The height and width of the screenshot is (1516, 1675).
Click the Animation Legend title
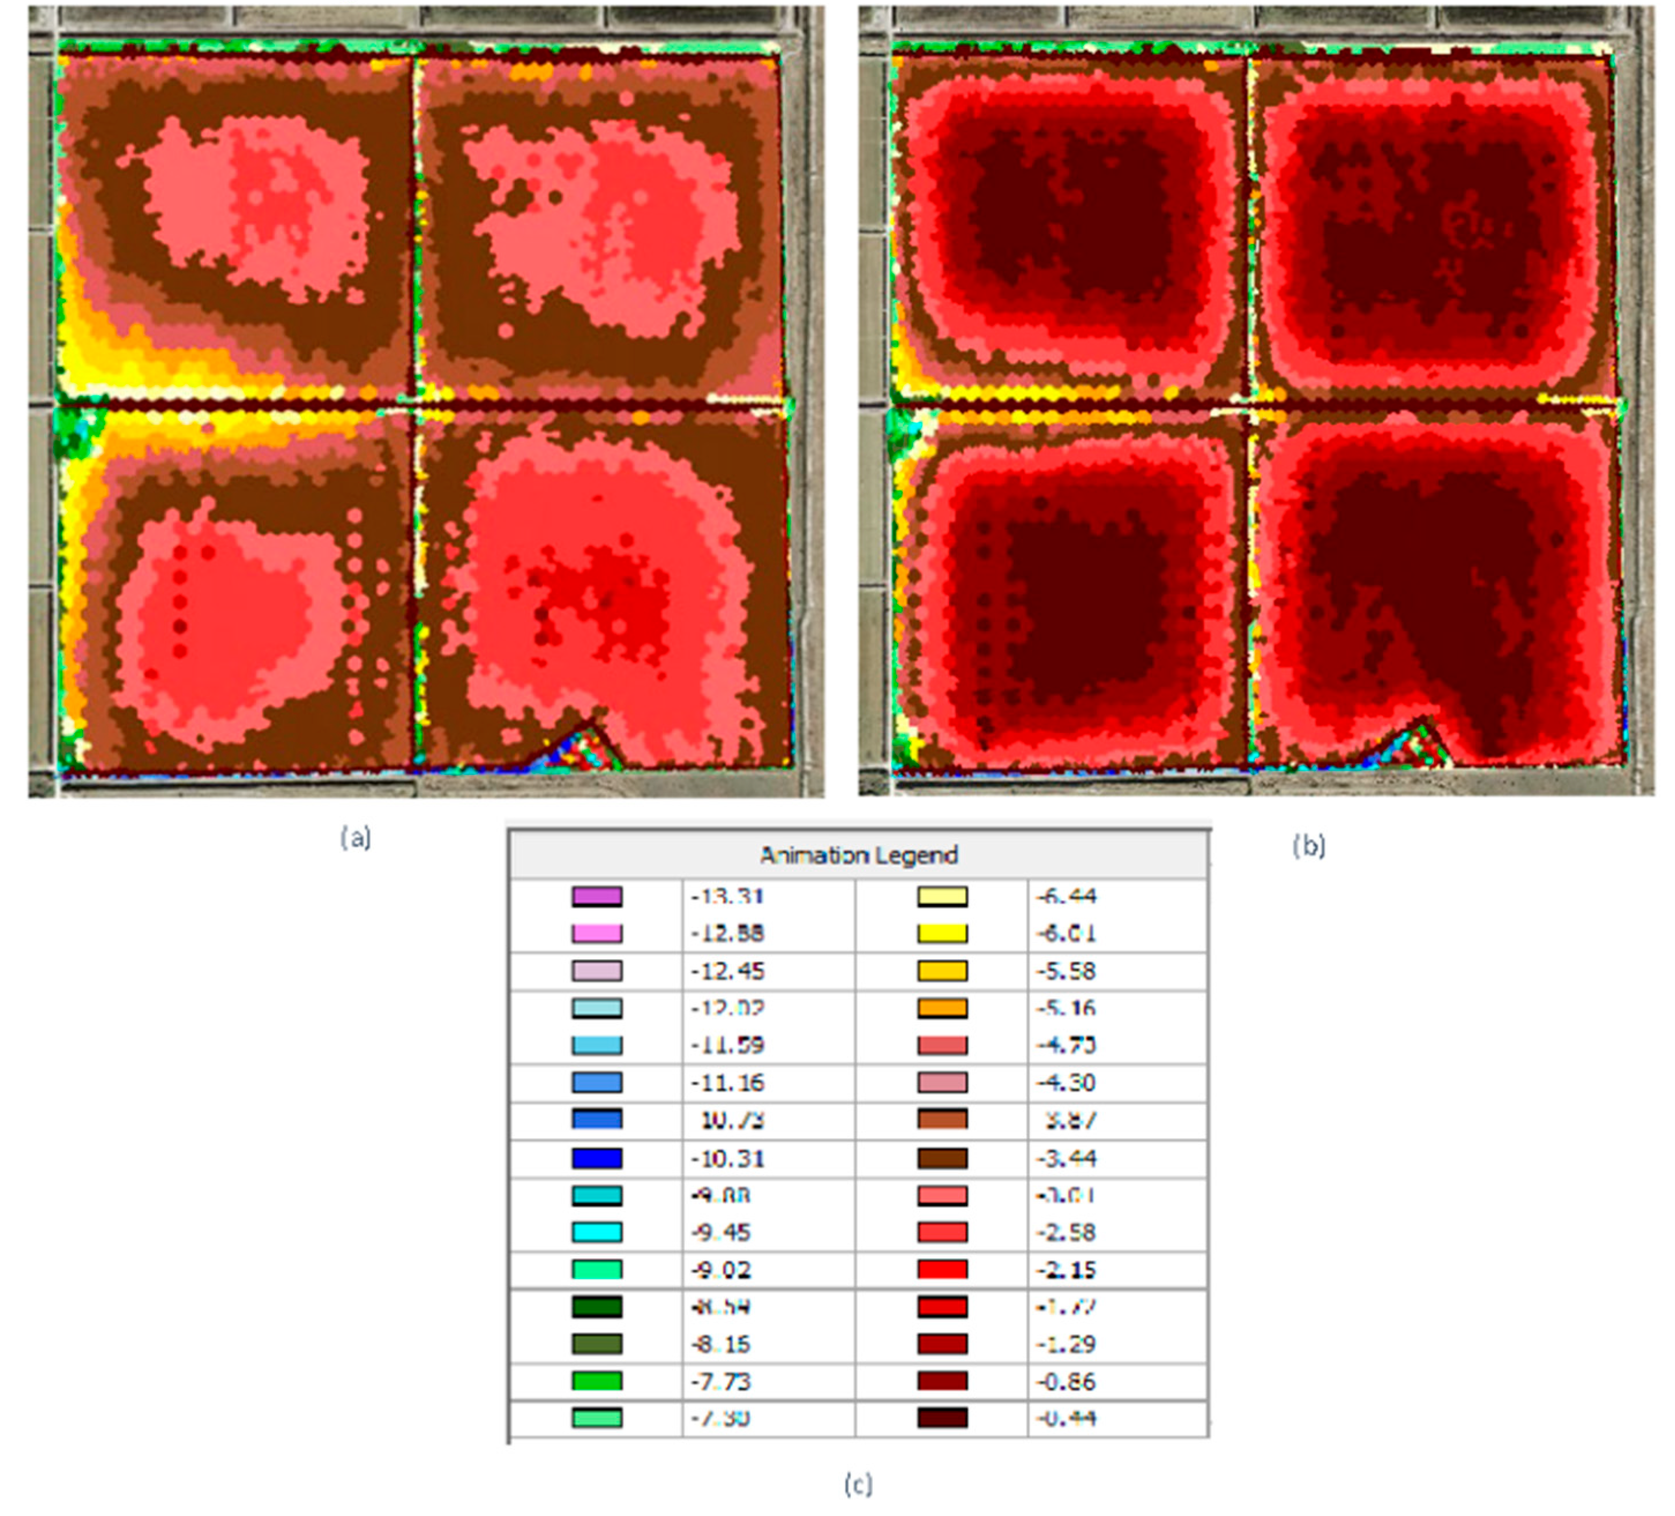[859, 855]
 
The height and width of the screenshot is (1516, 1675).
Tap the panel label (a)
[356, 838]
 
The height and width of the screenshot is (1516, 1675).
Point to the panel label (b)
[1308, 846]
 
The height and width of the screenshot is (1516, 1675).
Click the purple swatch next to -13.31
[597, 897]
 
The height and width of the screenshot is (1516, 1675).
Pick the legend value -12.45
[727, 971]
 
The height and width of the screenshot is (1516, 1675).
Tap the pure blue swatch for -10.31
[597, 1157]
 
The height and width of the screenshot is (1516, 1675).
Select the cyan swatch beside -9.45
[597, 1232]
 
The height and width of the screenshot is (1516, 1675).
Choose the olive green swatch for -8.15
[597, 1344]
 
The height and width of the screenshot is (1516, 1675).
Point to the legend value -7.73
[720, 1381]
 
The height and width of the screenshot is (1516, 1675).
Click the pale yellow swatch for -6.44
[942, 897]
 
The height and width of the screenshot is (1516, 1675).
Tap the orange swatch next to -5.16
[942, 1008]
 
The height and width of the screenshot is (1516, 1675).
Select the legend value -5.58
[1066, 971]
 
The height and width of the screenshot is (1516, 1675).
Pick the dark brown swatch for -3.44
[942, 1157]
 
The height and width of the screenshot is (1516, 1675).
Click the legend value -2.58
[1066, 1232]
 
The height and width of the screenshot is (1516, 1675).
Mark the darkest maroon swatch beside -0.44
[942, 1418]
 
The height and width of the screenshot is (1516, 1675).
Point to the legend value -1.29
[1066, 1344]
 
